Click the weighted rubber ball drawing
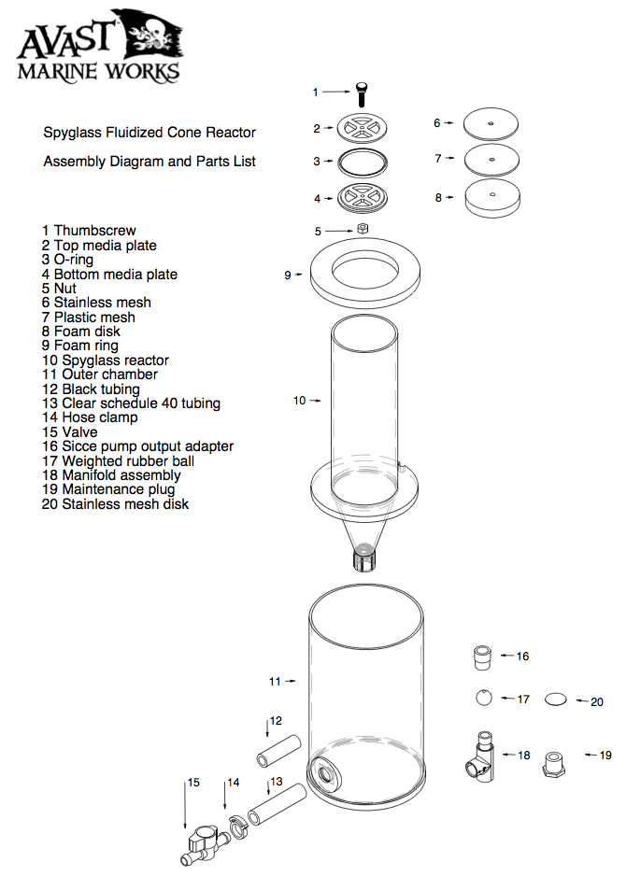pos(482,698)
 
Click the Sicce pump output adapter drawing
pos(482,657)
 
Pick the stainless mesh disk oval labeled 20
pos(555,699)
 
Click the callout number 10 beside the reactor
pos(299,401)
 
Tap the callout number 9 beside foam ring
pos(288,275)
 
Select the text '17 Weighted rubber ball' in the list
pos(118,460)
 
